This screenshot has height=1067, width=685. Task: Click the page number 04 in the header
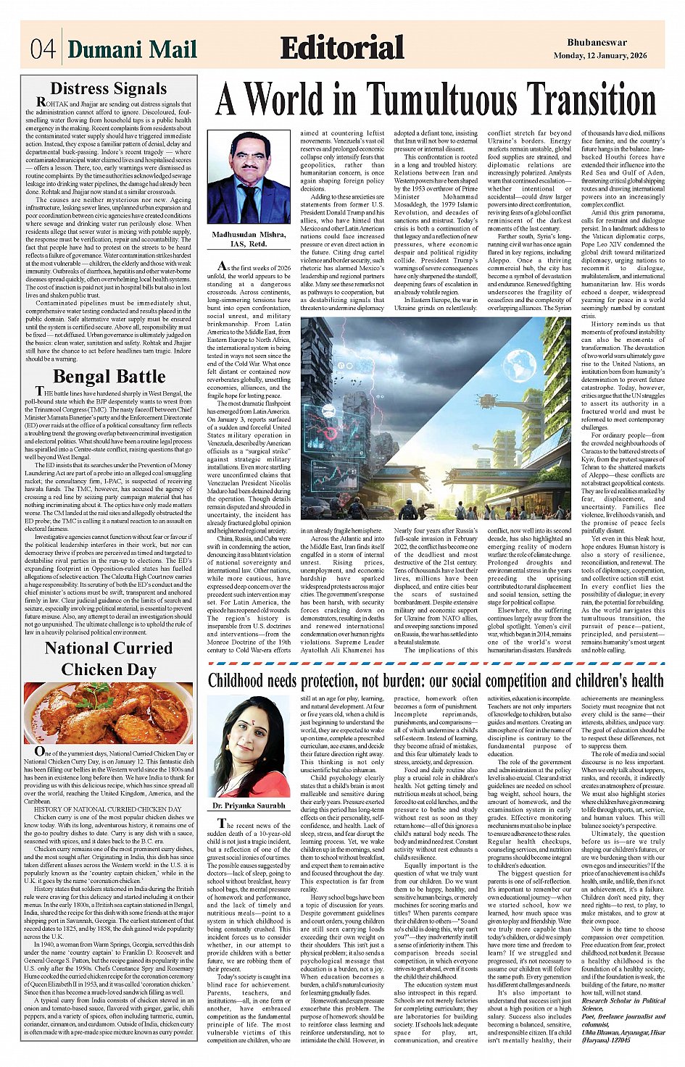coord(43,49)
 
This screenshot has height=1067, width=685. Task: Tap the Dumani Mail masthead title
coord(133,49)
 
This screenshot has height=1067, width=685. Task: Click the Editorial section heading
coord(341,49)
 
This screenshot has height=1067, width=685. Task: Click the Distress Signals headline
coord(109,88)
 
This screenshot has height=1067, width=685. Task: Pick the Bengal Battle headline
coord(109,377)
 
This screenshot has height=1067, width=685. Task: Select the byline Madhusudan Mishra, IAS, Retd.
coord(249,239)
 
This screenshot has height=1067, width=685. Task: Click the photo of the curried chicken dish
coord(109,713)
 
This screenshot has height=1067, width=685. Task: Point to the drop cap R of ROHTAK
coord(43,103)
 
